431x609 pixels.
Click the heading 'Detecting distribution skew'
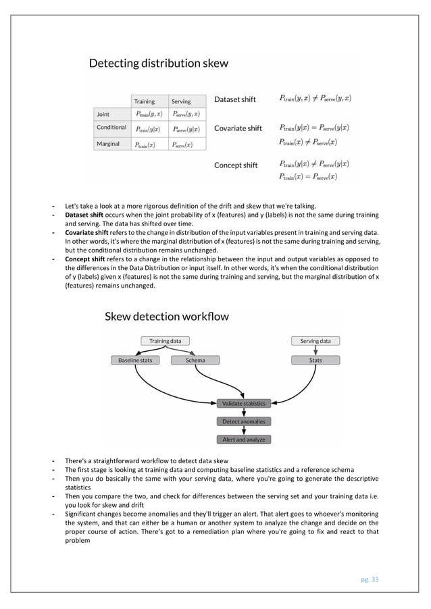click(x=159, y=64)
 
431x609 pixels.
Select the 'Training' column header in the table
click(x=143, y=101)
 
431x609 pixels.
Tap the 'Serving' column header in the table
click(x=180, y=101)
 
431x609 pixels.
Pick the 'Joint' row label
click(x=103, y=114)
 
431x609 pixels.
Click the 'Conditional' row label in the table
click(x=111, y=128)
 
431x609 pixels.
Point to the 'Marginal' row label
click(x=108, y=144)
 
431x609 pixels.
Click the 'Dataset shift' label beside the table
click(x=235, y=99)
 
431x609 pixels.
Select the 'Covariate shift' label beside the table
click(x=238, y=128)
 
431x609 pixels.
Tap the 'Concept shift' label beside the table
click(x=236, y=165)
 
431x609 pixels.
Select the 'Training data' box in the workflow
click(x=165, y=341)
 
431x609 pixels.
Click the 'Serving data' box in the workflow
click(x=315, y=341)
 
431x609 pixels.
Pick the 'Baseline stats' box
click(x=135, y=361)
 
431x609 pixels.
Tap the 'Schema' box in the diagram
click(x=196, y=361)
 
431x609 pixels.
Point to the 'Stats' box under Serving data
click(x=315, y=361)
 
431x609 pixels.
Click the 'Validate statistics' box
click(x=244, y=404)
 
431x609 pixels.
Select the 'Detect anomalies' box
click(x=244, y=421)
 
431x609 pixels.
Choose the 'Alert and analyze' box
click(x=244, y=440)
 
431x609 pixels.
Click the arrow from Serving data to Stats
click(x=315, y=350)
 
